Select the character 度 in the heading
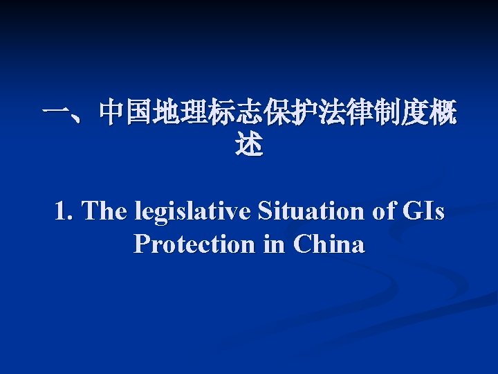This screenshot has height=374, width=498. (x=412, y=112)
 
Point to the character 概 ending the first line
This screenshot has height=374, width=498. (x=442, y=112)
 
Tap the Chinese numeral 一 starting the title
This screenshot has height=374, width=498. (x=55, y=112)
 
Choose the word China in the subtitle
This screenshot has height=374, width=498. (x=329, y=244)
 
